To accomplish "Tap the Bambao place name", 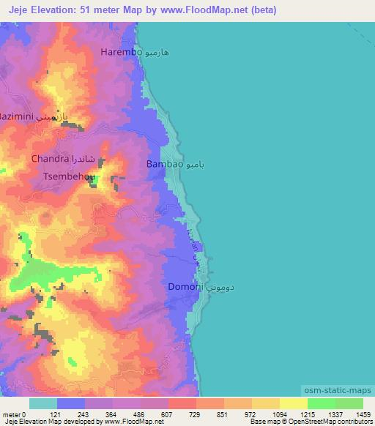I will [x=164, y=165].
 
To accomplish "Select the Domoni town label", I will [x=185, y=288].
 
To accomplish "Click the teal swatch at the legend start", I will [x=43, y=403].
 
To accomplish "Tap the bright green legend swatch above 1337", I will [x=322, y=403].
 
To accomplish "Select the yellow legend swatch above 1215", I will [x=294, y=403].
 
